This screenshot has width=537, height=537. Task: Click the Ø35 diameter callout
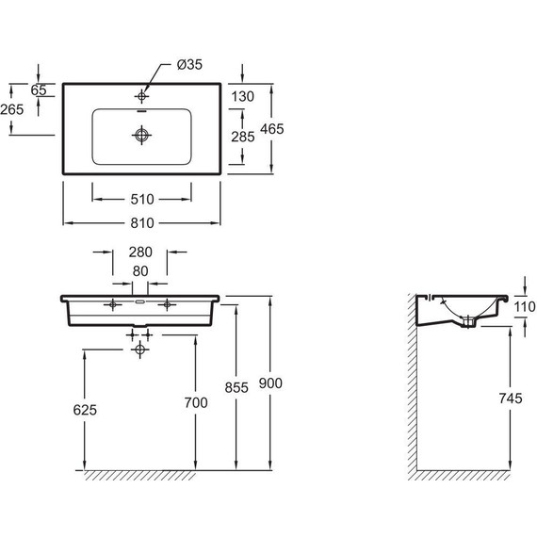coord(189,64)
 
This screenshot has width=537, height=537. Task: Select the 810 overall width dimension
coord(142,223)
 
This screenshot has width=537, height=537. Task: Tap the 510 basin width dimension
coord(142,200)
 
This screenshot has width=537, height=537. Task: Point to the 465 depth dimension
coord(272,129)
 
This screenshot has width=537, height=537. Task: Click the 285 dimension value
coord(243,137)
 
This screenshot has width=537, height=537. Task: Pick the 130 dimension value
coord(242,97)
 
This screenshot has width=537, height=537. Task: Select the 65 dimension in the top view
coord(39,90)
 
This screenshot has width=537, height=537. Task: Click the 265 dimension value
coord(12,109)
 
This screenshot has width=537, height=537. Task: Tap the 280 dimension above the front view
coord(140,252)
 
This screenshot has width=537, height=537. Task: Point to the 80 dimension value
coord(140,271)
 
